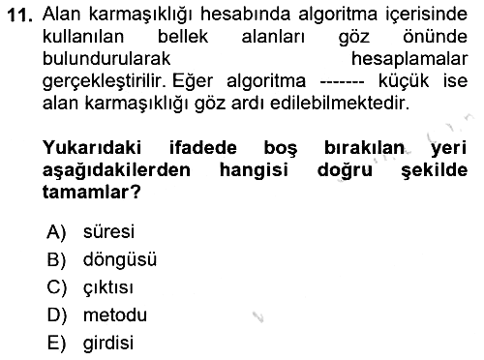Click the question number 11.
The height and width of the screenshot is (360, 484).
[x=19, y=15]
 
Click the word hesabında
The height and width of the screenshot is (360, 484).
[x=245, y=15]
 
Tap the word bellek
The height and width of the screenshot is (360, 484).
[x=183, y=37]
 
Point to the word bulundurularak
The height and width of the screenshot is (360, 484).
[x=106, y=59]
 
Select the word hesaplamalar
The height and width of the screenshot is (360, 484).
[x=409, y=59]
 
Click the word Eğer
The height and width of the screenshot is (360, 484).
[x=193, y=81]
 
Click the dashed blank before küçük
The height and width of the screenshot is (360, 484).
[x=342, y=82]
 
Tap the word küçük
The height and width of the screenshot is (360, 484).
[x=404, y=80]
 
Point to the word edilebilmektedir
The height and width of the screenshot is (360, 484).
[x=340, y=103]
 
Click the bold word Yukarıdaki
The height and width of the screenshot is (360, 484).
[x=92, y=148]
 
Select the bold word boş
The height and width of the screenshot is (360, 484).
[x=281, y=149]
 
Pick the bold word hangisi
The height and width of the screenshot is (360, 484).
[x=254, y=170]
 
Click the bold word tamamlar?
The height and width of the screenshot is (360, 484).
[x=92, y=193]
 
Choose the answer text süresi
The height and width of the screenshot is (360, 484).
[x=108, y=231]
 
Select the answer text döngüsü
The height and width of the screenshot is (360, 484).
[x=120, y=260]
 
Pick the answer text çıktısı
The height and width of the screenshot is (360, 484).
[x=108, y=287]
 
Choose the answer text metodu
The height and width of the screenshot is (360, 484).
[x=115, y=315]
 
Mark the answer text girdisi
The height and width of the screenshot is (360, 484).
[x=108, y=344]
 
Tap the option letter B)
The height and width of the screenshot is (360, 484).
[x=56, y=259]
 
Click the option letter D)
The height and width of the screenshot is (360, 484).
[x=57, y=315]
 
